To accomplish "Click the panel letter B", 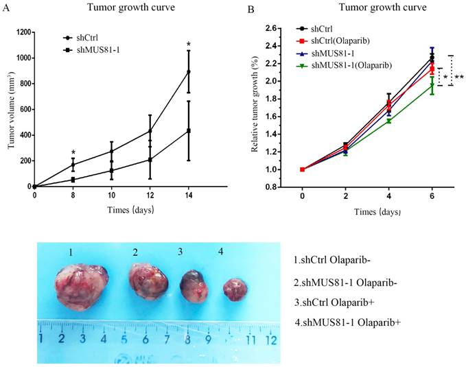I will click(251, 10).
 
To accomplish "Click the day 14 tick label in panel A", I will click(188, 195).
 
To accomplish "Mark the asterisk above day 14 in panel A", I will click(188, 45).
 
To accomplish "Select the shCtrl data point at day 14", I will click(188, 71).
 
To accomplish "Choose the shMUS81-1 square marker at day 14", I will click(188, 130).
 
